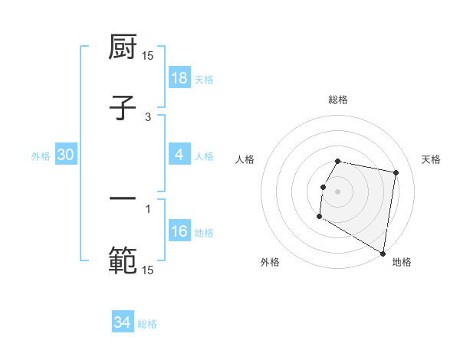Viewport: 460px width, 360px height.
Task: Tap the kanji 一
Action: coord(123,198)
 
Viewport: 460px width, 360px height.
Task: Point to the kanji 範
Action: coord(123,260)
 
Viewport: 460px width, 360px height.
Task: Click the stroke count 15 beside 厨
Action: coord(148,56)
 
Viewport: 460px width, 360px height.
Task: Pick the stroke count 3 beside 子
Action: coord(148,117)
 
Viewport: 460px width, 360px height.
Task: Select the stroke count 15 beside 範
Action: coord(148,270)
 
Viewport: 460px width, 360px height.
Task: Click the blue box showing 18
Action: coord(179,78)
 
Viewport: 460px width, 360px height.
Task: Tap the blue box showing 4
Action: coord(179,155)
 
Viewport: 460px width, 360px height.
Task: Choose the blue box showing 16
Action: coord(179,231)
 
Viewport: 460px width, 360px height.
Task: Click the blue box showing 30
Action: coord(66,155)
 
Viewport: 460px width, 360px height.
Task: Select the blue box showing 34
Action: coord(123,322)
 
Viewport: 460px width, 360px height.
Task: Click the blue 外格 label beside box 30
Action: coord(41,156)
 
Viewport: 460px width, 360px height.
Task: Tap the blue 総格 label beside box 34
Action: coord(147,324)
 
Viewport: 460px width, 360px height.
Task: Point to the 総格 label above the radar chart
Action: coord(338,100)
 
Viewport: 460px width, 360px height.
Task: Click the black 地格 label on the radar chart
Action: coord(402,262)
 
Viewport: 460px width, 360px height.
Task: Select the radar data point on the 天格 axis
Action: coord(396,173)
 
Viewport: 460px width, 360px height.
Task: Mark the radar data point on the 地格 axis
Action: coord(383,254)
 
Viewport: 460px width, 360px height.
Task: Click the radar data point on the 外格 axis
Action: coord(319,218)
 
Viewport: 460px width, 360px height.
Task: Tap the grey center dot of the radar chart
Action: coord(338,191)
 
